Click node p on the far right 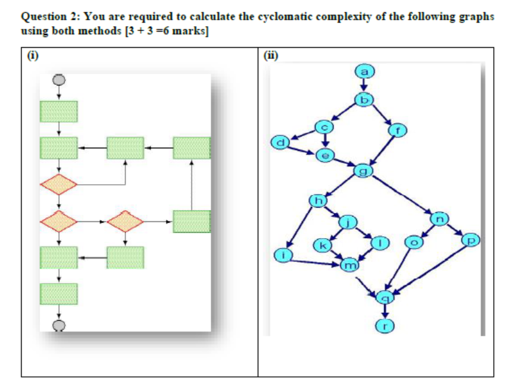471,240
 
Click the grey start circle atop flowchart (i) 59,79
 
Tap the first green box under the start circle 59,111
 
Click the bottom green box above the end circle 59,294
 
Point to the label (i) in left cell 33,57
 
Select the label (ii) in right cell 271,57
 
